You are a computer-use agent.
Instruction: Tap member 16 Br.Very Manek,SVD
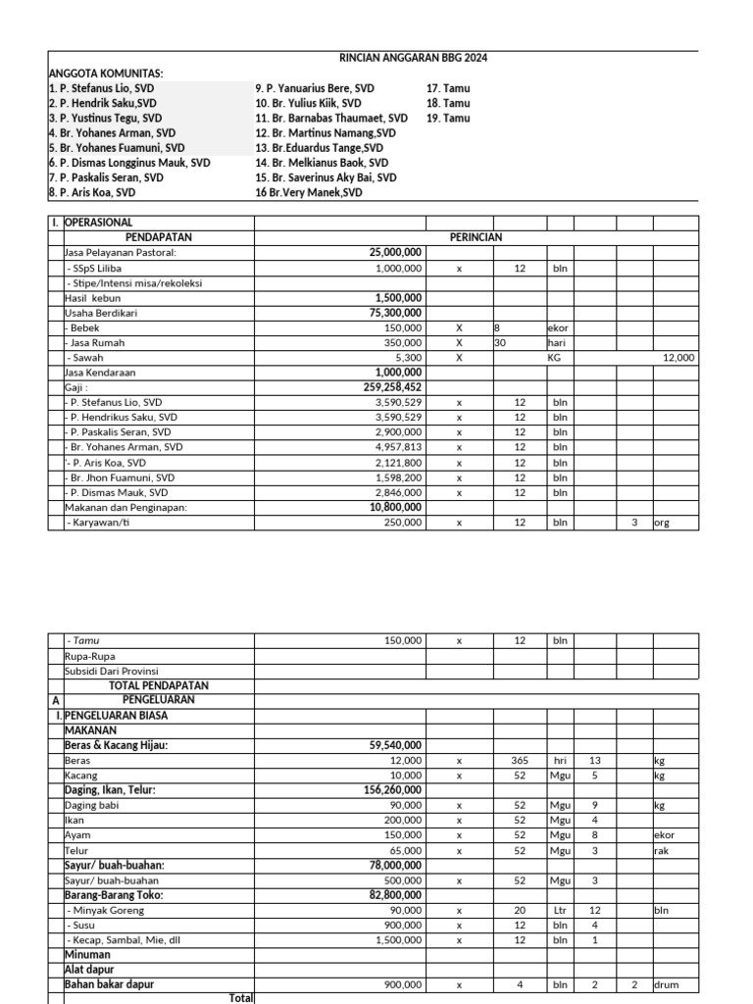click(308, 193)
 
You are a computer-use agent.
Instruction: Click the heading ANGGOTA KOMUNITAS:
click(106, 74)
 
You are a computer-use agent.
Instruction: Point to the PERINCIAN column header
click(476, 237)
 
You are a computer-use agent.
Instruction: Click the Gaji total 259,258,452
click(395, 387)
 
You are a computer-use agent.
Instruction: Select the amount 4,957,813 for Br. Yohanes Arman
click(398, 447)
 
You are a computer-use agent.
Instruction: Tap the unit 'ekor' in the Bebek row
click(558, 327)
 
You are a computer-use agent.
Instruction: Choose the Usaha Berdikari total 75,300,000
click(395, 313)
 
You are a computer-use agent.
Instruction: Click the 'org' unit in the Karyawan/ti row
click(664, 523)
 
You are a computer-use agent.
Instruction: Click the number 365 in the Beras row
click(520, 760)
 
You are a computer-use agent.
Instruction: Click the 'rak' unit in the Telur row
click(661, 850)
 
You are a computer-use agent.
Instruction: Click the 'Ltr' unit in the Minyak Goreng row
click(559, 910)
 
